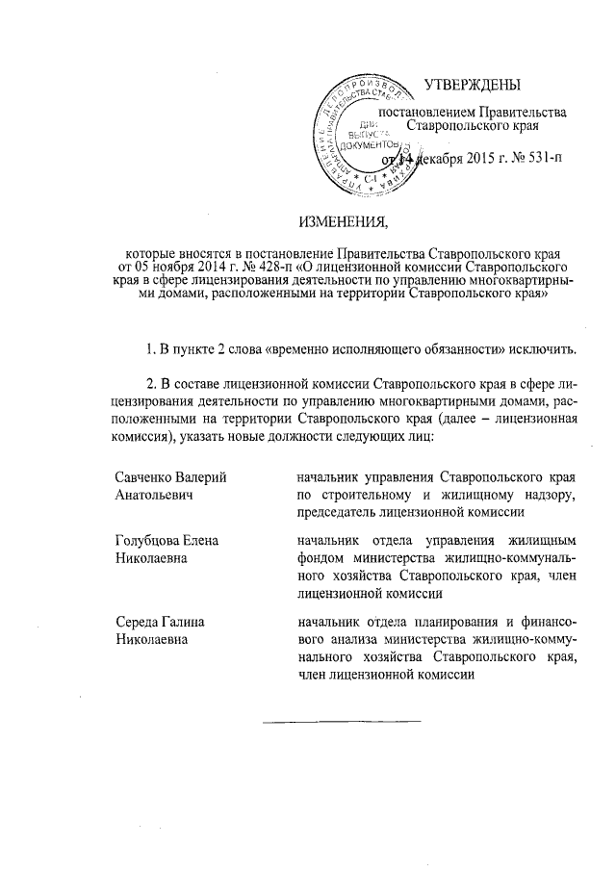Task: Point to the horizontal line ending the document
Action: coord(343,720)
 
